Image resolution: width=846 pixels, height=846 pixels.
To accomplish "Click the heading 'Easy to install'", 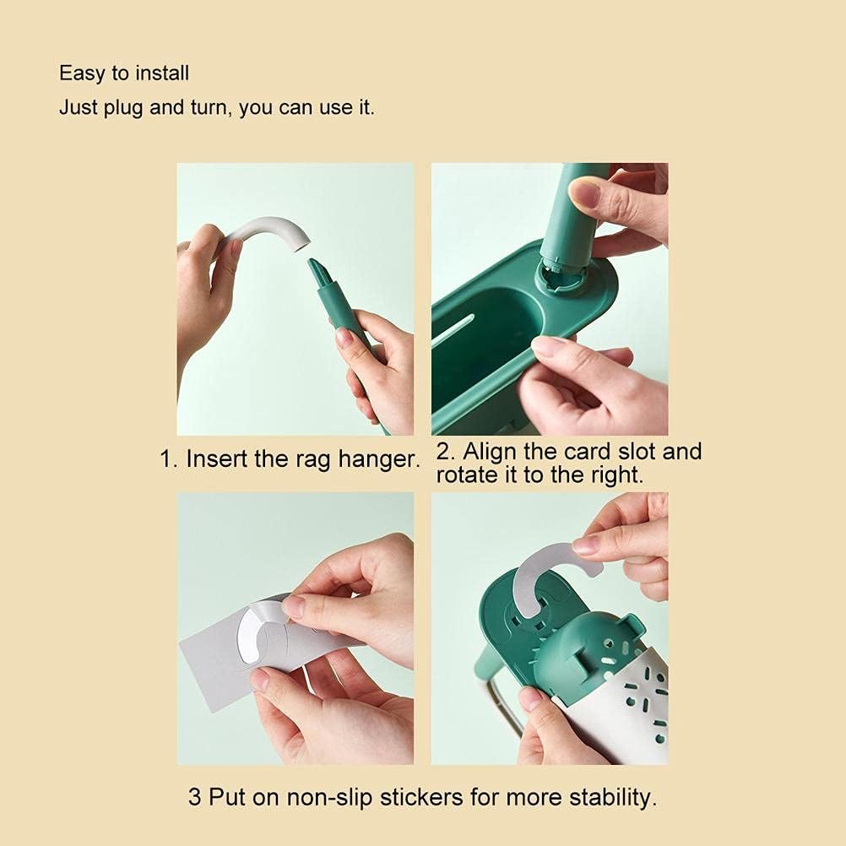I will pyautogui.click(x=124, y=73).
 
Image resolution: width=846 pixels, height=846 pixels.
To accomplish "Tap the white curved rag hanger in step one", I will pyautogui.click(x=269, y=230).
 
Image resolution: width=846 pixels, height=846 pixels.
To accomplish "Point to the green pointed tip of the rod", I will pyautogui.click(x=318, y=272).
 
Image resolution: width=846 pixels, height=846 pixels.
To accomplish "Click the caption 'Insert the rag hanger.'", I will pyautogui.click(x=290, y=459).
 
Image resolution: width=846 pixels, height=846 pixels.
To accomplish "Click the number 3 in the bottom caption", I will pyautogui.click(x=195, y=797).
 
